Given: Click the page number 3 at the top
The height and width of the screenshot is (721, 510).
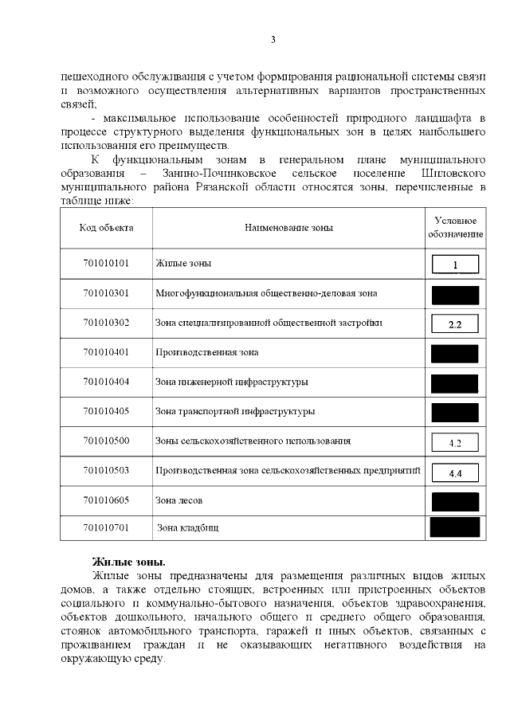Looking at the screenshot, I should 273,39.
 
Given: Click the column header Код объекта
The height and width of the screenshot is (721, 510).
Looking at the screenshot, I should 106,228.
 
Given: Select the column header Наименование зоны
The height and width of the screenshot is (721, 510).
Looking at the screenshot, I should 288,228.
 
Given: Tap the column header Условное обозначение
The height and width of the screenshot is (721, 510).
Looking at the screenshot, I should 455,228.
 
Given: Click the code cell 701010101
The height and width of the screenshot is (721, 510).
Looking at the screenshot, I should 106,263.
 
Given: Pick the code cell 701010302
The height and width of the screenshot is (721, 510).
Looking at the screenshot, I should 106,323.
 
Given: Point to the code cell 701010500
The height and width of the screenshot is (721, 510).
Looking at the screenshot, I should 106,441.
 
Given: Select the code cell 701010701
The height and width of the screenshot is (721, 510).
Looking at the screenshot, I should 106,527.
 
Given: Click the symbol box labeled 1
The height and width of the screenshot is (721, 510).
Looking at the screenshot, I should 455,264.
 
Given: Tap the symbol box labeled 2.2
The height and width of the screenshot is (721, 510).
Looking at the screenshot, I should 455,323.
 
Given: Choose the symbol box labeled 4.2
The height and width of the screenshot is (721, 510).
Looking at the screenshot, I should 455,442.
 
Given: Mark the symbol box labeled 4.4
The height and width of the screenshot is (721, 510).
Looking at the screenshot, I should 455,472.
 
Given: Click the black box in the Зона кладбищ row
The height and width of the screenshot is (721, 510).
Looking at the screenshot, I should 454,527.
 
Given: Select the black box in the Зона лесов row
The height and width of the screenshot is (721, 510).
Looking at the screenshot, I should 454,501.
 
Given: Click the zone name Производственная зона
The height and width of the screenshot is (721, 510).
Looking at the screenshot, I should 206,352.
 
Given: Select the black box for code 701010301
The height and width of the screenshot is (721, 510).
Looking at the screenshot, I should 454,294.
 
